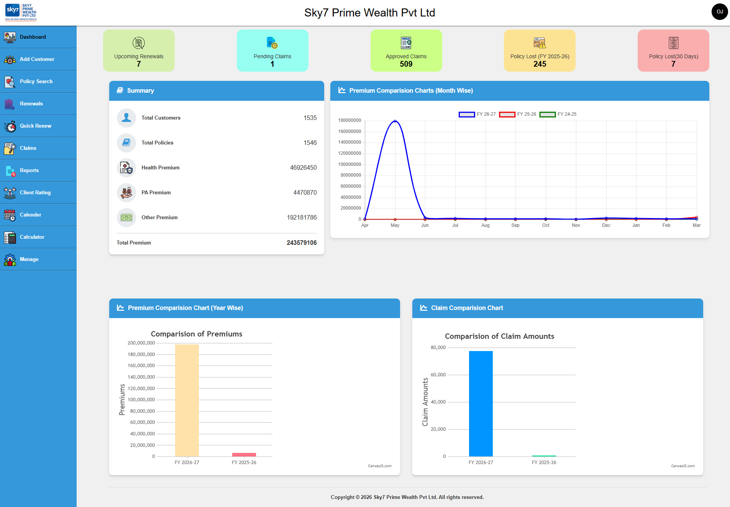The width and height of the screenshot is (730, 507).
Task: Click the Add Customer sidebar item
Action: click(37, 59)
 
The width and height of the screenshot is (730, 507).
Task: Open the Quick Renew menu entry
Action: click(35, 126)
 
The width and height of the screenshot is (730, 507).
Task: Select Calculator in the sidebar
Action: click(32, 237)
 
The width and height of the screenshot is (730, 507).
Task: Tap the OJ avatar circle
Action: click(719, 11)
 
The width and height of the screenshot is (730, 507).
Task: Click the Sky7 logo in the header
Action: click(21, 12)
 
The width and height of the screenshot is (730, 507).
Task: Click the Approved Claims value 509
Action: click(406, 64)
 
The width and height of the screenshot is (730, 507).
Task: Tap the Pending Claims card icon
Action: click(272, 43)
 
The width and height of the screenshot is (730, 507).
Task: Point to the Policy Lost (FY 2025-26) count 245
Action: click(540, 64)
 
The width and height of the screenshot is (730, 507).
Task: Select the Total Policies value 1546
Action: click(310, 143)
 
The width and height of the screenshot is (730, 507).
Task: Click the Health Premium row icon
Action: click(126, 168)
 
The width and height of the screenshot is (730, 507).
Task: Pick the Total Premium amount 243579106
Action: click(302, 243)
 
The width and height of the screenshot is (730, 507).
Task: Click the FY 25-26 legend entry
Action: click(517, 114)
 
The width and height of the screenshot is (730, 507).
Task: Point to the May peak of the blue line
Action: click(395, 121)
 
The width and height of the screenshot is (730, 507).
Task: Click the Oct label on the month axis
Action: click(546, 225)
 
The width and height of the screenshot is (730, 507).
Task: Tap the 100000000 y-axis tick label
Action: click(349, 164)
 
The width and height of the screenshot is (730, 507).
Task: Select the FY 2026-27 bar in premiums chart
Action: click(187, 400)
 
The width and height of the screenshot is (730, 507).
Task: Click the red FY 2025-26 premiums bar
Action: click(244, 454)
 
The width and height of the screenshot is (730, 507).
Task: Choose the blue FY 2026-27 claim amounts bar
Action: click(481, 404)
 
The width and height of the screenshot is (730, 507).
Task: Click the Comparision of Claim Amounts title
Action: click(499, 336)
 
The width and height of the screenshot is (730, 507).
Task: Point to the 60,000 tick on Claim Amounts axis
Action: click(438, 375)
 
